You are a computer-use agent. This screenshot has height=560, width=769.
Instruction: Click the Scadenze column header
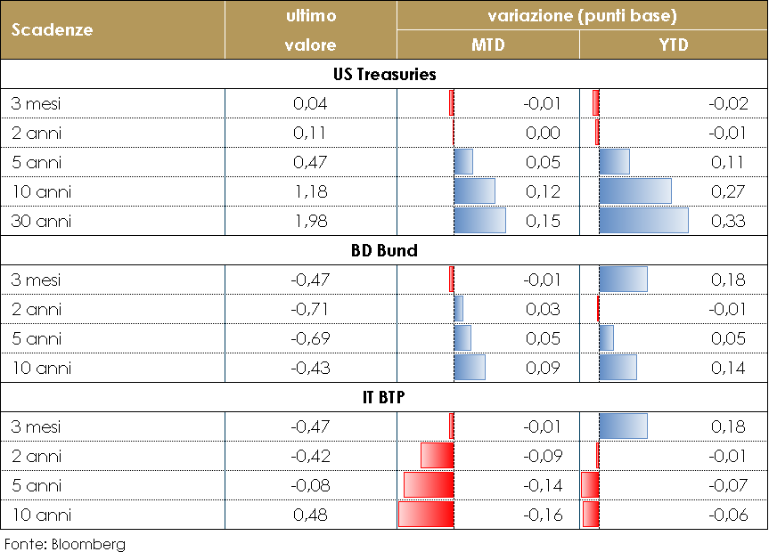(53, 29)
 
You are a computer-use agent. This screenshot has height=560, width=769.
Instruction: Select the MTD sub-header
(487, 45)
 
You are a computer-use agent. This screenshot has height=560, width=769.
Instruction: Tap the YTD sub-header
(674, 45)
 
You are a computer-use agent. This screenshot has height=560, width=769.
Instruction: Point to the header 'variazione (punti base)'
(582, 16)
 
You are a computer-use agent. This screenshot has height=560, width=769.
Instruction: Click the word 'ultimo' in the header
(310, 16)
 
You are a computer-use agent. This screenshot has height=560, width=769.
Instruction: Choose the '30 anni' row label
(41, 221)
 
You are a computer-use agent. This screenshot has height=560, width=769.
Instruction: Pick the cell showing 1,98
(310, 221)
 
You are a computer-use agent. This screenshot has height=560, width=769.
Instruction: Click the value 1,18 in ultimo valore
(310, 191)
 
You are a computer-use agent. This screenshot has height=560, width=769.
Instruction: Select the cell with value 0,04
(310, 103)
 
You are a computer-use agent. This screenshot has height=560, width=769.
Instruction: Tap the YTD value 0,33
(729, 221)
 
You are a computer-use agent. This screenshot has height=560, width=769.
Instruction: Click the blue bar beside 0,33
(643, 221)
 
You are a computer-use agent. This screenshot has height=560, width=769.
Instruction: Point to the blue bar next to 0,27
(635, 191)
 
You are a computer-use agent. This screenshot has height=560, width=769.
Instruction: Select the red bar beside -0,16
(426, 515)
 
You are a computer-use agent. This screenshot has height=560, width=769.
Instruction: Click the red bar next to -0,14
(429, 485)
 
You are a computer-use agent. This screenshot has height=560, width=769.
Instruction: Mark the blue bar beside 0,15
(479, 221)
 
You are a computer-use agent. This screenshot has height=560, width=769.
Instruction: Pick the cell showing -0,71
(310, 309)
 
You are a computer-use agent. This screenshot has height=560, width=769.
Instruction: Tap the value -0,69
(310, 338)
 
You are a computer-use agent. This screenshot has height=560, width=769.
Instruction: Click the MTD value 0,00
(543, 133)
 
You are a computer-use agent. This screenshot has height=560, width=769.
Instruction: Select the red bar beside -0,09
(437, 456)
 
